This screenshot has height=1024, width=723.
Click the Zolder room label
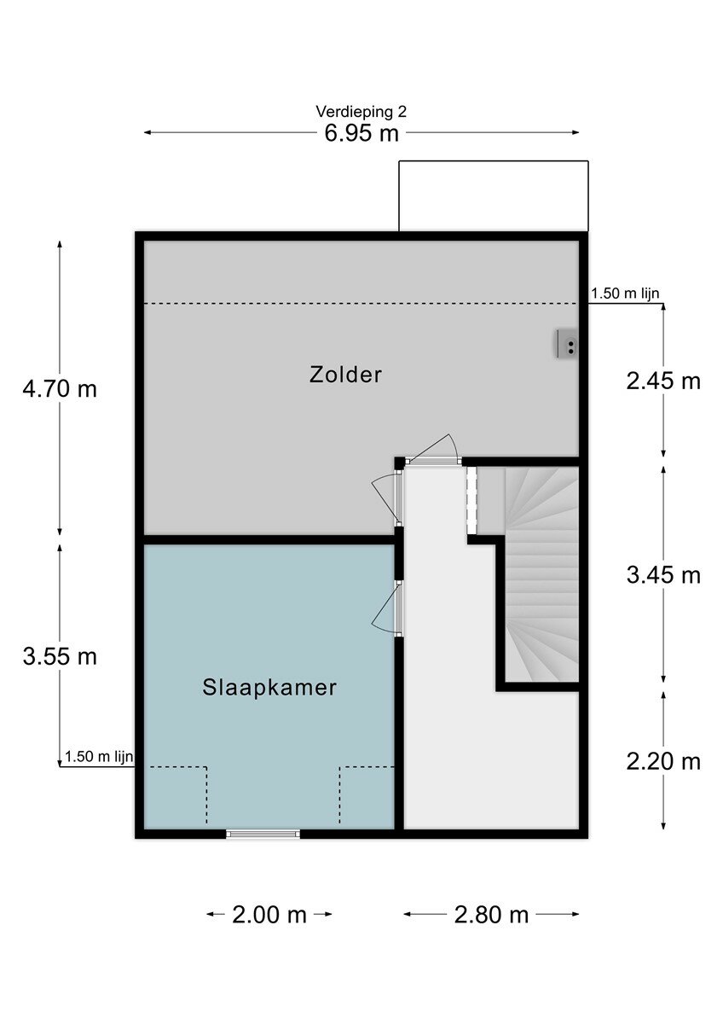pyautogui.click(x=345, y=375)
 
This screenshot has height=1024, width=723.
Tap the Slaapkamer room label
pyautogui.click(x=269, y=688)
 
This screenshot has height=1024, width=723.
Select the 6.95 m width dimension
pyautogui.click(x=361, y=133)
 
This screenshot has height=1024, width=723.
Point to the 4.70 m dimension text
pyautogui.click(x=60, y=389)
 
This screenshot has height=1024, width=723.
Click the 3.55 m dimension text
pyautogui.click(x=60, y=657)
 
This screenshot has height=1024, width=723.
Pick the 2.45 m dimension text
pyautogui.click(x=663, y=381)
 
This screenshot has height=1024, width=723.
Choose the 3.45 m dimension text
pyautogui.click(x=663, y=575)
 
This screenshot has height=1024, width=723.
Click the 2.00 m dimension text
pyautogui.click(x=269, y=915)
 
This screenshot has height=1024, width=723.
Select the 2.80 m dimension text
pyautogui.click(x=491, y=915)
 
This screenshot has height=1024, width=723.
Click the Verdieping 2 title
pyautogui.click(x=361, y=112)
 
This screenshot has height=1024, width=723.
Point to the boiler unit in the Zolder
pyautogui.click(x=567, y=343)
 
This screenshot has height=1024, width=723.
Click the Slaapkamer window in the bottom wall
pyautogui.click(x=263, y=834)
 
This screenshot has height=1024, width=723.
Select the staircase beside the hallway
pyautogui.click(x=542, y=574)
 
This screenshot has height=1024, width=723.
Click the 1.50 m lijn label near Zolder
pyautogui.click(x=625, y=294)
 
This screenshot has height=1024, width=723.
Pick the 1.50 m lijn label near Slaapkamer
pyautogui.click(x=99, y=757)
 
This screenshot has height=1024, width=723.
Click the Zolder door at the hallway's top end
pyautogui.click(x=432, y=451)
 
